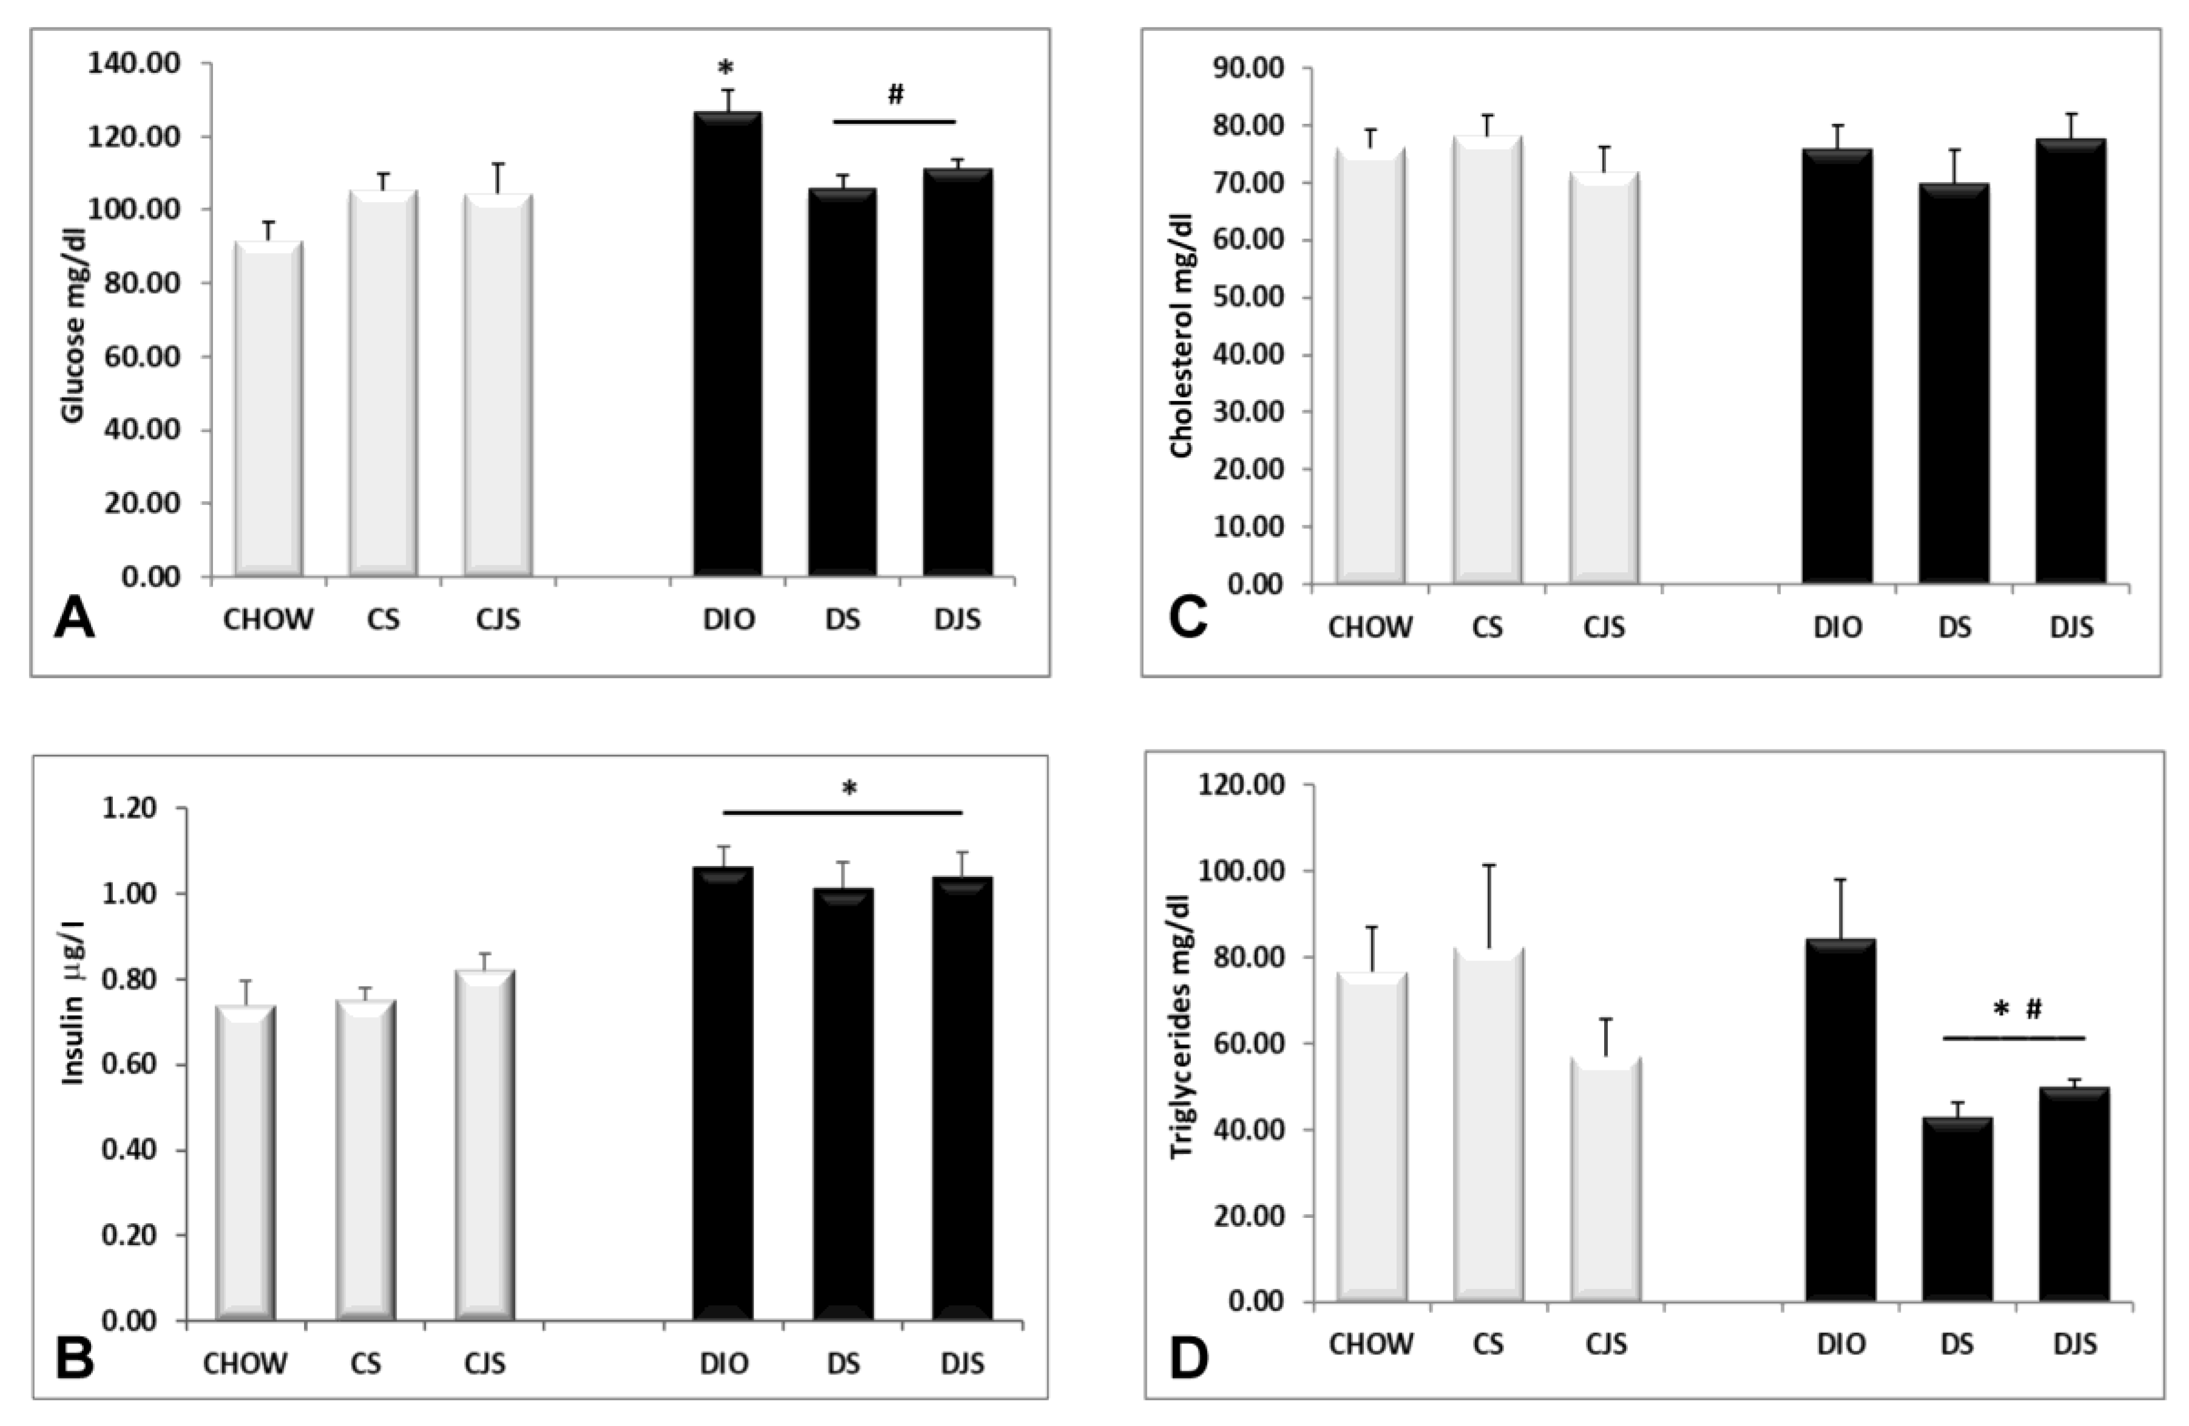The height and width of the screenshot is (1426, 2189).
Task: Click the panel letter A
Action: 75,618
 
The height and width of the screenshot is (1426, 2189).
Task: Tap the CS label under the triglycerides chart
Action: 1487,1344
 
